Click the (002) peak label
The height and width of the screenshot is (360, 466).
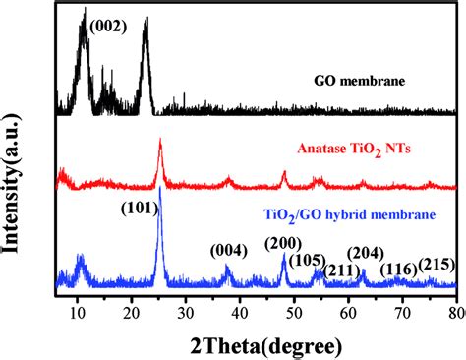[108, 27]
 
